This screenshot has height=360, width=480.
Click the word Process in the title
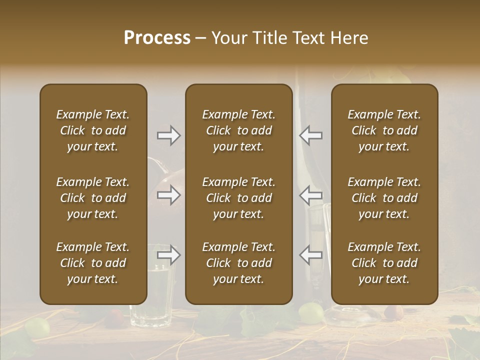coord(157,38)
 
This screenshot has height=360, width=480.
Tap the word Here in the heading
coord(348,38)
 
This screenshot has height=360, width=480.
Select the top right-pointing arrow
coord(169,135)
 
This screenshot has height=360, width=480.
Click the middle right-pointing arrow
coord(169,195)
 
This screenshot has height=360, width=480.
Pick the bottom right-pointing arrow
coord(169,255)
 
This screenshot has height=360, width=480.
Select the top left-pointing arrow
coord(310,135)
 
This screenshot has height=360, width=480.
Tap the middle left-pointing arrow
coord(310,195)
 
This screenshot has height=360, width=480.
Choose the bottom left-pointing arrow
coord(310,255)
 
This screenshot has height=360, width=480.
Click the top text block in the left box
coord(93,130)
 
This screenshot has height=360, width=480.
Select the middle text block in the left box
coord(93,198)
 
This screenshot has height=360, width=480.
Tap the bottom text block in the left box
coord(93,263)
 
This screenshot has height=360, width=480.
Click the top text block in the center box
coord(238,130)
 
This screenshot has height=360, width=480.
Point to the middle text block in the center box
coord(238,198)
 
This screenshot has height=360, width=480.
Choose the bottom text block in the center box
coord(238,263)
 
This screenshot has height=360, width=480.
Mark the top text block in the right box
coord(384,130)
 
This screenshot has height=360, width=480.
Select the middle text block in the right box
coord(384,198)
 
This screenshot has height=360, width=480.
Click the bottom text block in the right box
coord(384,263)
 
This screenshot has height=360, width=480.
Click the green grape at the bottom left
coord(37,327)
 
